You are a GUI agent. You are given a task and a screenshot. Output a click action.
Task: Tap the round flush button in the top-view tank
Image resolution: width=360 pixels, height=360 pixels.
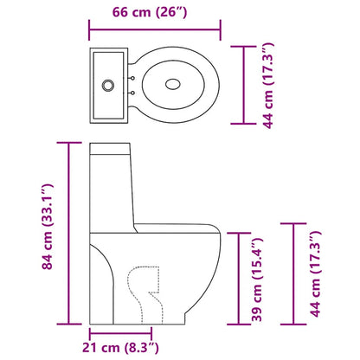pyautogui.click(x=108, y=85)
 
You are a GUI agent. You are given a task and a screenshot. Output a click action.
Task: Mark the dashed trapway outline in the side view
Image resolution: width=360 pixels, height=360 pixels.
pyautogui.click(x=143, y=290)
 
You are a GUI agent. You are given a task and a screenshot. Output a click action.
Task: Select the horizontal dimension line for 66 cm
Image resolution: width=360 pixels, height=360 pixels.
pyautogui.click(x=154, y=36)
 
